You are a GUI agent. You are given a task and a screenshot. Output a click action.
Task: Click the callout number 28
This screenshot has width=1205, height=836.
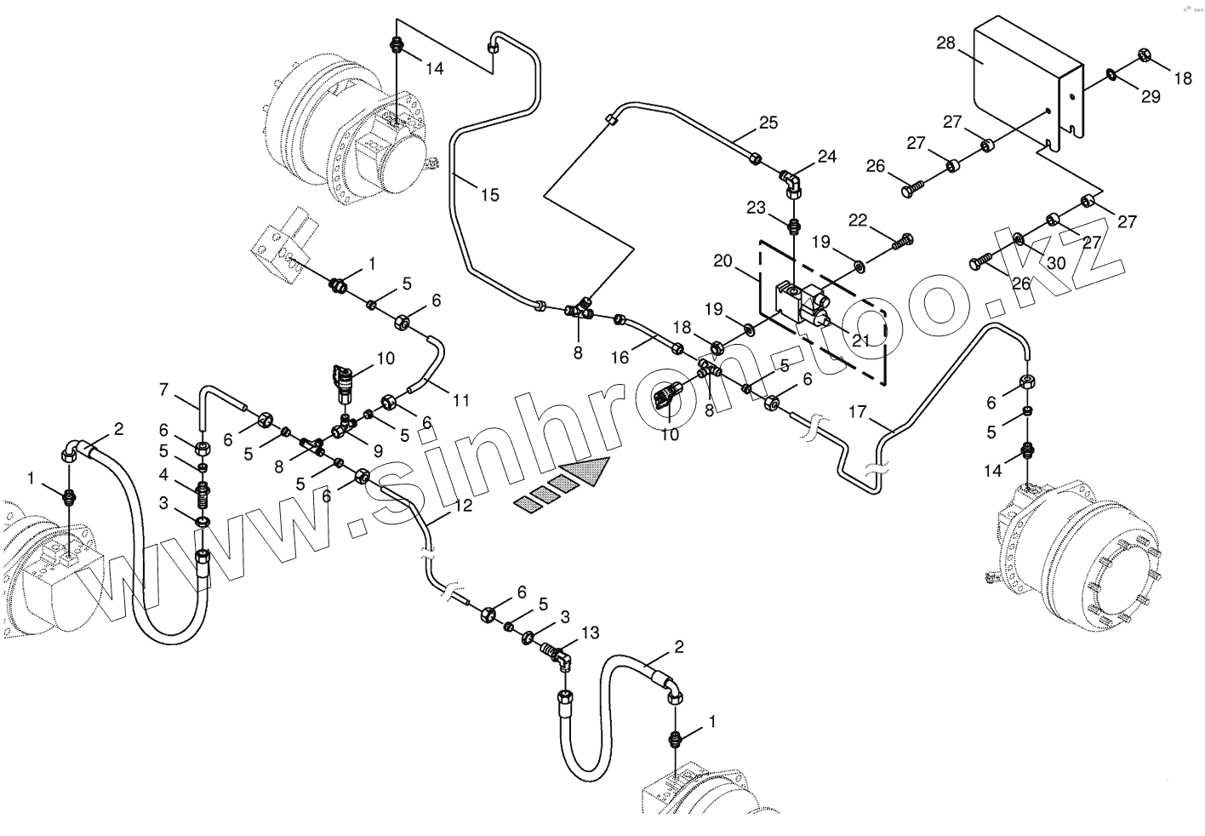point(946,43)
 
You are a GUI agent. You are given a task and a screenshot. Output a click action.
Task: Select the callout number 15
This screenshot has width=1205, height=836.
point(489,195)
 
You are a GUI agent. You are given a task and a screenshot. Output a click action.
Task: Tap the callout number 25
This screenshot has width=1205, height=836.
point(768,123)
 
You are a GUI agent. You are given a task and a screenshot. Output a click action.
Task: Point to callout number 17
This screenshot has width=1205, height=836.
point(858,412)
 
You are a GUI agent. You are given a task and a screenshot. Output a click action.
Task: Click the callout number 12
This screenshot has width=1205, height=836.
point(462,505)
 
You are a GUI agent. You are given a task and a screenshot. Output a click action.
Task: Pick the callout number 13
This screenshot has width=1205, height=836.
point(590,633)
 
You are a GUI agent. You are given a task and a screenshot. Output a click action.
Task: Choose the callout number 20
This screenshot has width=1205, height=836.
point(723,261)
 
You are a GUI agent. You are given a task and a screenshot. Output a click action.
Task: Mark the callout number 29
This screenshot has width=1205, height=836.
point(1151,97)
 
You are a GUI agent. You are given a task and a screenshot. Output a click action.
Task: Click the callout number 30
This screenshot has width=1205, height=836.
point(1055,263)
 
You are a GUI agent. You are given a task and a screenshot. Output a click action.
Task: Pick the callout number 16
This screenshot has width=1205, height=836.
point(620,358)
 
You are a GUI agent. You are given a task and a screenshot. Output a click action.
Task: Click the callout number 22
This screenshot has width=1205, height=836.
point(857,220)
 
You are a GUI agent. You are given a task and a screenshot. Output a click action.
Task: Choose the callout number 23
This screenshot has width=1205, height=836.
point(757,207)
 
